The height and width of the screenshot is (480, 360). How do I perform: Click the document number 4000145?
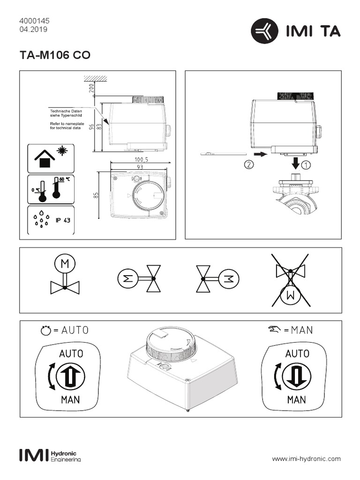(34, 21)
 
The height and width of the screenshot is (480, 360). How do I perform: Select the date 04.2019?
(33, 29)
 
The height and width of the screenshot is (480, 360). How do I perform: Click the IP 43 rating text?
(63, 220)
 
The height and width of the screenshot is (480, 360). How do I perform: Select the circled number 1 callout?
(306, 165)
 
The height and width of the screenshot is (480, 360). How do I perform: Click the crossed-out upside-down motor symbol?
(291, 280)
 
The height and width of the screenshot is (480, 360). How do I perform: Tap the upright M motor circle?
(65, 265)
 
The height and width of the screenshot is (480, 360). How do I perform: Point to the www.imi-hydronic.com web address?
(307, 458)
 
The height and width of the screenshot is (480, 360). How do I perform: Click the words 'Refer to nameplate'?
(61, 124)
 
